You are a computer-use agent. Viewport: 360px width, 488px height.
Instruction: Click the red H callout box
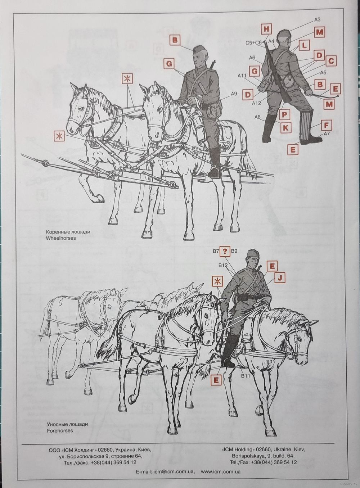point(266,30)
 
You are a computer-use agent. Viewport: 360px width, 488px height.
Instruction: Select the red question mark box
point(225,252)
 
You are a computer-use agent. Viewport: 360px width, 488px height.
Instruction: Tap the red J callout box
point(280,278)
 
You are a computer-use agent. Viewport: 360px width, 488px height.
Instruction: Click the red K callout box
point(285,127)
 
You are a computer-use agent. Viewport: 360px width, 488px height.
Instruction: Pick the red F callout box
point(326,125)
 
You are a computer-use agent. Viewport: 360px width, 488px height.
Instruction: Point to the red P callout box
point(284,114)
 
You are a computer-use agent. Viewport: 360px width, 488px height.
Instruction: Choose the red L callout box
point(304,45)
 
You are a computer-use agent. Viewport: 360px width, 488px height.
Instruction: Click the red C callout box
point(331,61)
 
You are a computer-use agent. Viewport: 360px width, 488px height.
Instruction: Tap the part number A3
point(317,20)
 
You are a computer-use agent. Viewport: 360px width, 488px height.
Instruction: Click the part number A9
point(234,94)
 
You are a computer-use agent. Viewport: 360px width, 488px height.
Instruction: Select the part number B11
point(246,376)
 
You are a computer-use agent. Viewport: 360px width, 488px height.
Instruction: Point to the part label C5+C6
point(253,43)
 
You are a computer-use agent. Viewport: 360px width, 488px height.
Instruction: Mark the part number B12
point(223,265)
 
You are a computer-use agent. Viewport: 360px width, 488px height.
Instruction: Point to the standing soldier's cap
point(284,33)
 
